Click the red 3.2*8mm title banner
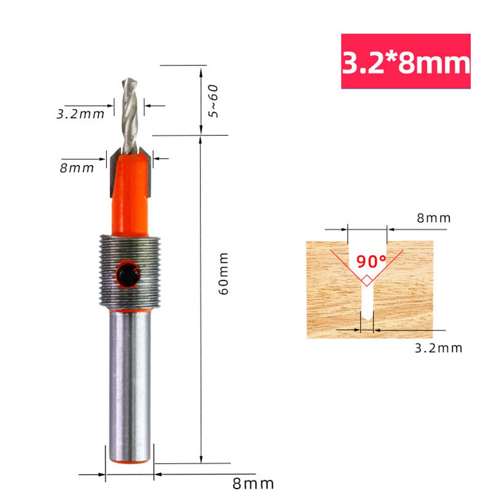pos(406,61)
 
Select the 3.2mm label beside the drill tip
pos(80,114)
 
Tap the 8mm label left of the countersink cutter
pos(77,168)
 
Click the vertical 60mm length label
pos(224,273)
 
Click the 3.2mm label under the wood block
pos(439,348)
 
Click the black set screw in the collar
pos(127,274)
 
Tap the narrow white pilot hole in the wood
pos(367,302)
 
